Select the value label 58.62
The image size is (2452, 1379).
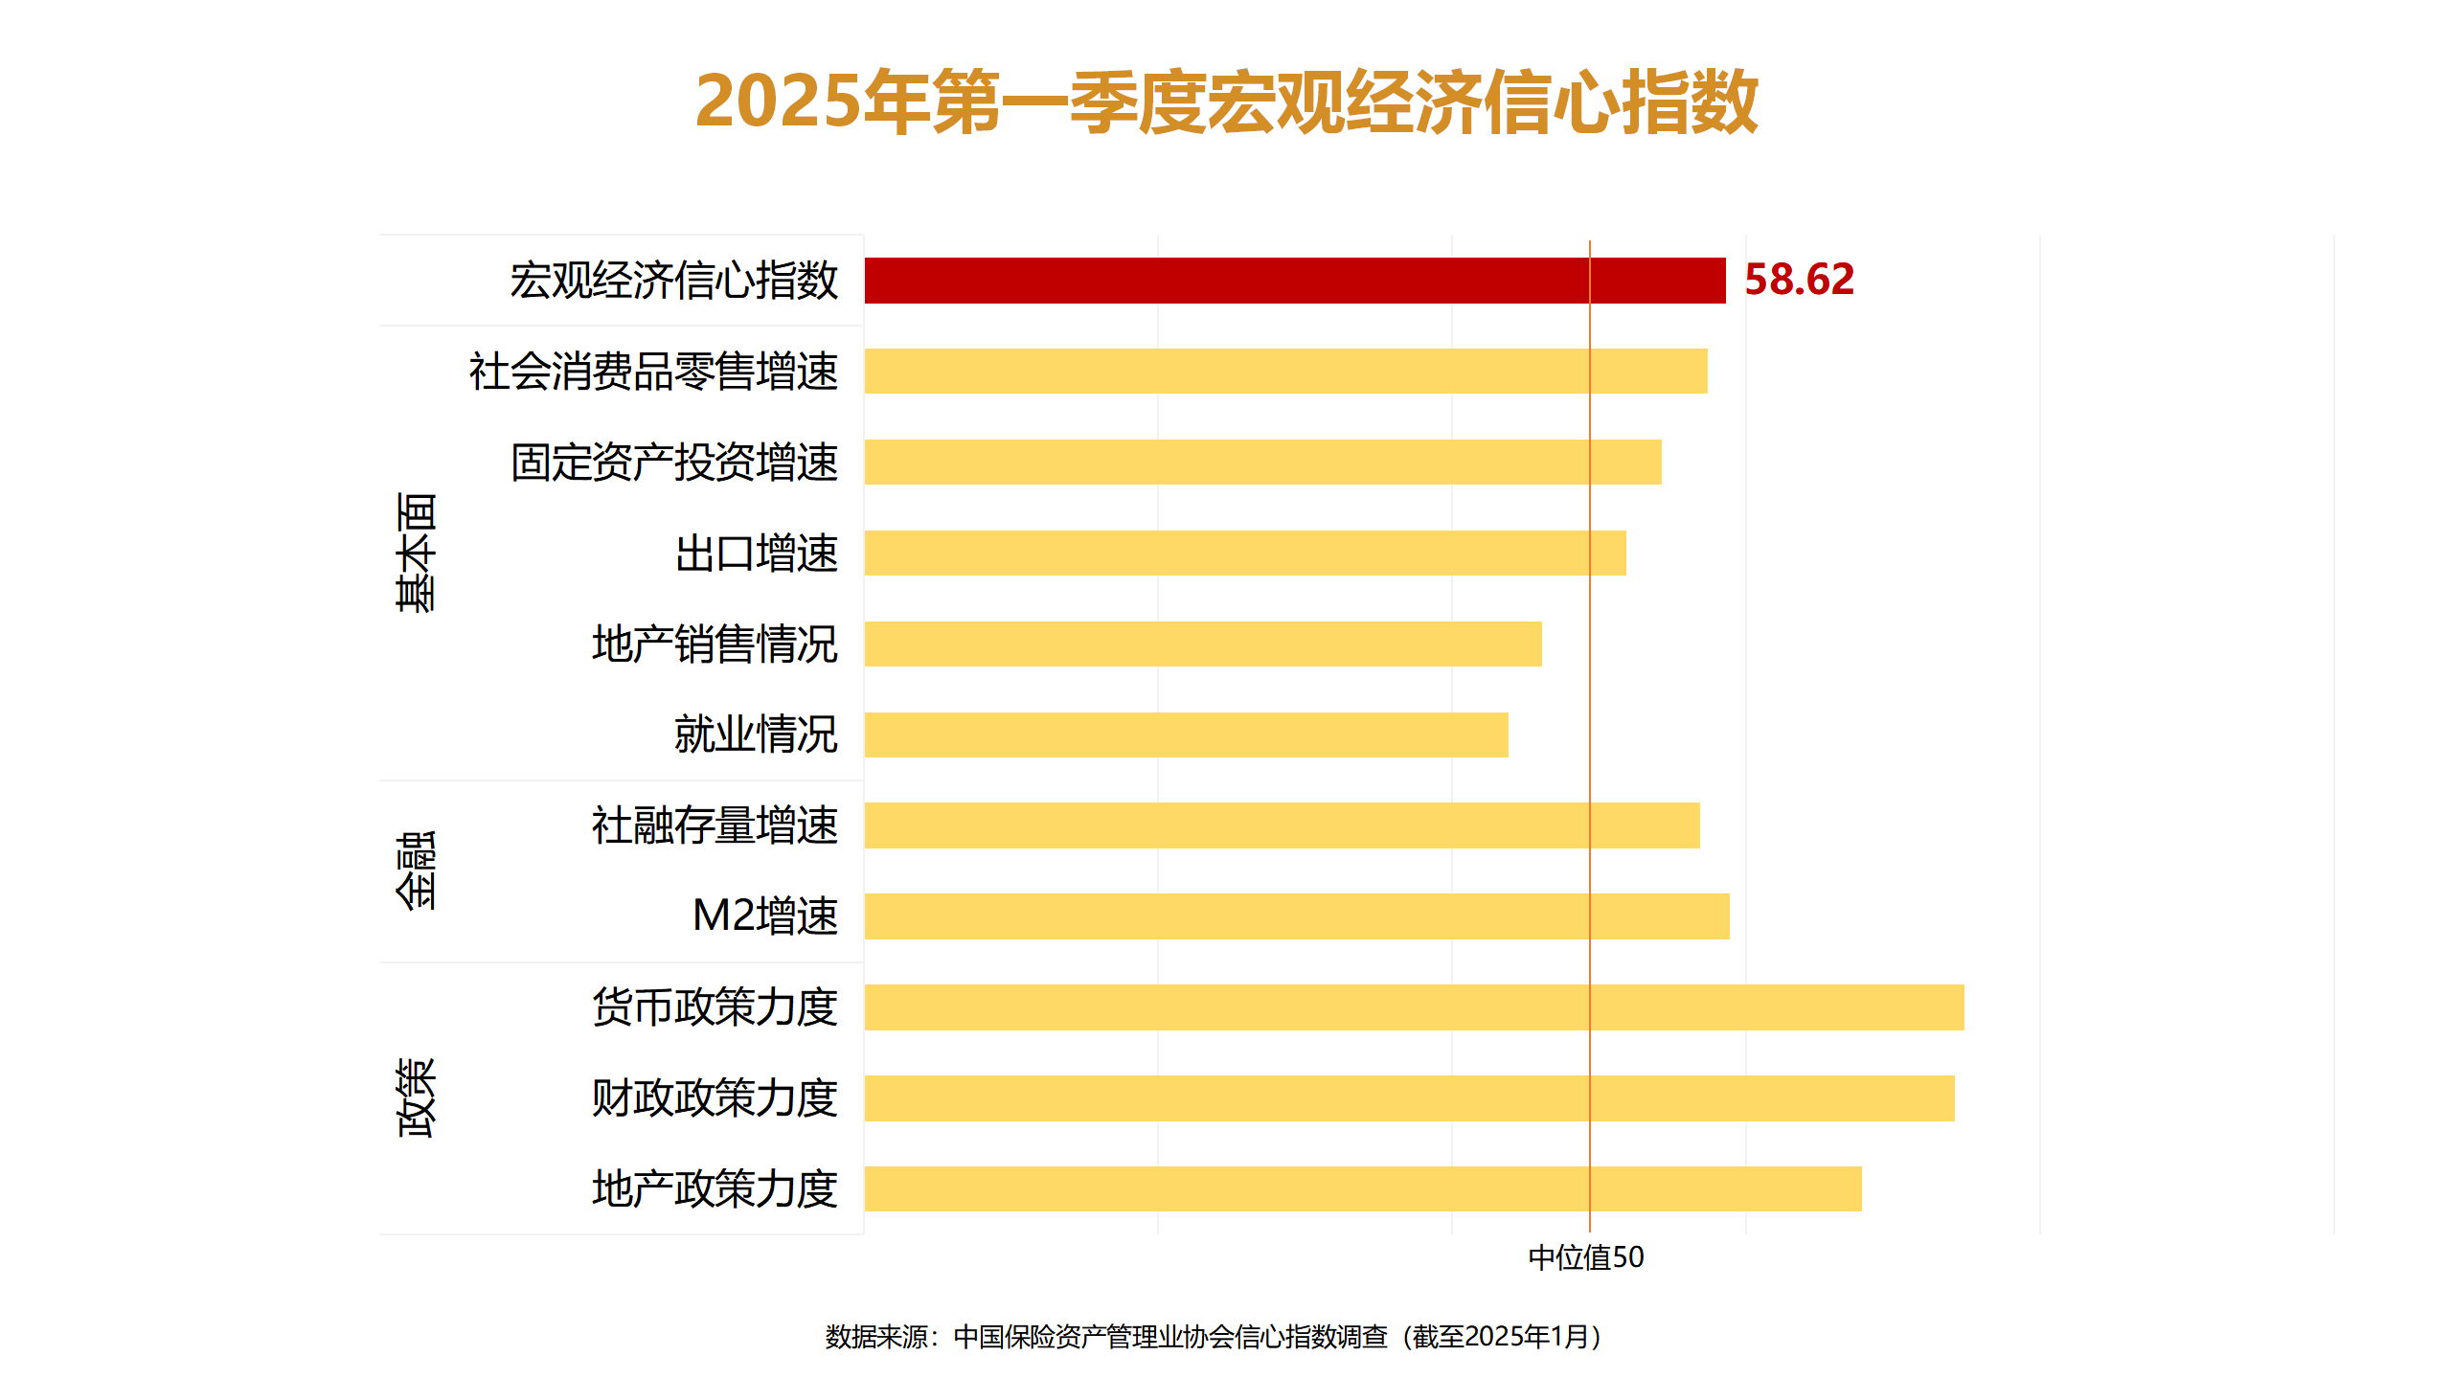pos(1799,280)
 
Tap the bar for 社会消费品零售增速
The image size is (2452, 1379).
pos(1285,371)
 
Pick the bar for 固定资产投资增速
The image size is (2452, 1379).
pos(1262,462)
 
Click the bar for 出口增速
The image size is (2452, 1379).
pos(1245,553)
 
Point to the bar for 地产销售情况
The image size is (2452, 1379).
pos(1203,644)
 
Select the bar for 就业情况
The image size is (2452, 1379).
pos(1186,735)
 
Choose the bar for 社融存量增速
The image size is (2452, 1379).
pos(1282,825)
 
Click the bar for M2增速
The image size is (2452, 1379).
pos(1297,916)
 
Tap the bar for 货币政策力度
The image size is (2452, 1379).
pos(1414,1007)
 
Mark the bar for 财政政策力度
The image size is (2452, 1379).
pos(1409,1098)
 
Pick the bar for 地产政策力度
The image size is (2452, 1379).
pos(1363,1188)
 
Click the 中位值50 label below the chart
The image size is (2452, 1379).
pos(1586,1257)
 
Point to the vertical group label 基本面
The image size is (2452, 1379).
pos(416,553)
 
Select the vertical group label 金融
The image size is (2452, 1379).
pos(416,870)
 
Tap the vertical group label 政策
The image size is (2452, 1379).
pos(416,1097)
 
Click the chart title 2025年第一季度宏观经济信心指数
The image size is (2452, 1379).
pos(1226,102)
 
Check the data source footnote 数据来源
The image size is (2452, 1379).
pos(1215,1337)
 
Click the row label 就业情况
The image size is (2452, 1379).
pos(756,735)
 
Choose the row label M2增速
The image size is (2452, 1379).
pos(764,916)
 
